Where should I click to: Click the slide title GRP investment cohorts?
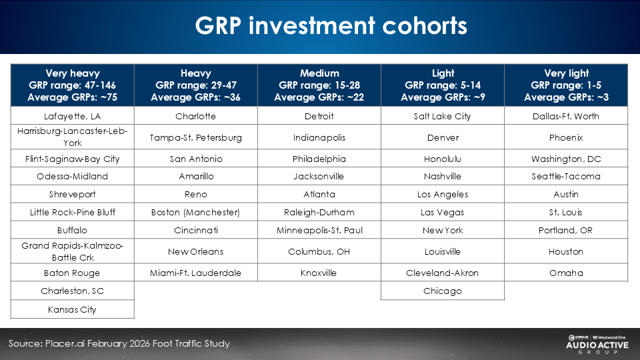click(x=331, y=26)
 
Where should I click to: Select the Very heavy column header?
click(x=72, y=85)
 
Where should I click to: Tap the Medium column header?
click(x=319, y=85)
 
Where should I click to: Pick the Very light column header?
click(x=566, y=85)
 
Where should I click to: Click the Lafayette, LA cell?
click(x=72, y=116)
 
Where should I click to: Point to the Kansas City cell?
click(x=72, y=309)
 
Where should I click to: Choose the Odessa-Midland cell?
click(x=72, y=176)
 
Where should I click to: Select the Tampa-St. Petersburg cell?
click(x=196, y=137)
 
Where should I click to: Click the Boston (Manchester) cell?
click(x=196, y=212)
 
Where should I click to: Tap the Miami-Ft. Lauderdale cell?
click(x=196, y=273)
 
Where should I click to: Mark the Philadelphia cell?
click(x=319, y=159)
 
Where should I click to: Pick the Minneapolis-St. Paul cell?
click(x=319, y=230)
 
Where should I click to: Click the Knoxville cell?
click(x=319, y=273)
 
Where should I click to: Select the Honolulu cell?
click(x=443, y=159)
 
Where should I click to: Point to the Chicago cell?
click(x=443, y=291)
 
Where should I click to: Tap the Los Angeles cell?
click(x=443, y=194)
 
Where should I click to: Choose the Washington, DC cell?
click(x=566, y=159)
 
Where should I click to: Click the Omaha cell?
click(x=566, y=273)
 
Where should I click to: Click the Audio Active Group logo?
click(x=597, y=344)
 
